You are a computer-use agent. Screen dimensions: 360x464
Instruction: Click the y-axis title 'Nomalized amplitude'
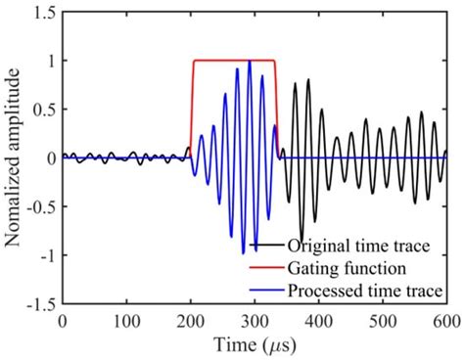[13, 157]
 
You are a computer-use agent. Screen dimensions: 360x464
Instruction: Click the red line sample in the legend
[264, 266]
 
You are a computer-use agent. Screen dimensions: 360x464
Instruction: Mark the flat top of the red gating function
[235, 61]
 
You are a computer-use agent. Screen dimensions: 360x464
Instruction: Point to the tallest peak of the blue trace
[251, 63]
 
